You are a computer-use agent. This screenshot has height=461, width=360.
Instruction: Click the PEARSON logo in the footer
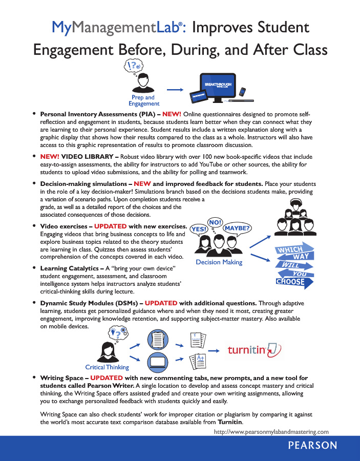pyautogui.click(x=312, y=446)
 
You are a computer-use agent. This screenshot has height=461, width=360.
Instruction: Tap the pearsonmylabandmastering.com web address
pyautogui.click(x=271, y=432)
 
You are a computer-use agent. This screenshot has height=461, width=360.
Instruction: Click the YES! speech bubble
pyautogui.click(x=199, y=228)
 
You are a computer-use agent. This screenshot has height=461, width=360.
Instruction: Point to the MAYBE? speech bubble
pyautogui.click(x=238, y=228)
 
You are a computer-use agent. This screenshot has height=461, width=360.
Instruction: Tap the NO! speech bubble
pyautogui.click(x=216, y=222)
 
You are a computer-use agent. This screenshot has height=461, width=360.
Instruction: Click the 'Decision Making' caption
pyautogui.click(x=219, y=262)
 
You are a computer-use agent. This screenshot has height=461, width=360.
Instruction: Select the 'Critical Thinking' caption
pyautogui.click(x=107, y=367)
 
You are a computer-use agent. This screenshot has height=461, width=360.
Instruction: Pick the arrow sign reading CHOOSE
pyautogui.click(x=291, y=282)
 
